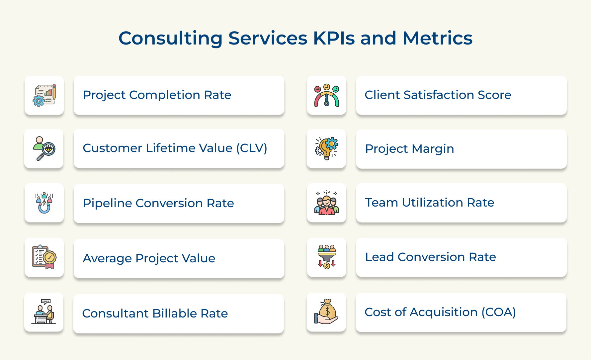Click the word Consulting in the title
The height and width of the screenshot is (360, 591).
click(x=171, y=39)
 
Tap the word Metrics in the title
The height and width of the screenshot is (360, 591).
click(x=437, y=38)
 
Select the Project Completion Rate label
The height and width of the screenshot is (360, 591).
click(x=157, y=95)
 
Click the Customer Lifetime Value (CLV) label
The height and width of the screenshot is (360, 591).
click(x=175, y=148)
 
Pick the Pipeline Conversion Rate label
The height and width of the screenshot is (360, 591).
click(x=158, y=203)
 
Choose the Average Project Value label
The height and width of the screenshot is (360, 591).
click(x=149, y=258)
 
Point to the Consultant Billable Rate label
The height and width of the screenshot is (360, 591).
click(x=155, y=314)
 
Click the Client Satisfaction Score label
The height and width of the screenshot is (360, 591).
click(x=438, y=95)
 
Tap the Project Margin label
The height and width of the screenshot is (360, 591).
click(x=409, y=149)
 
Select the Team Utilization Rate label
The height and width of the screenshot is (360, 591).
click(x=430, y=203)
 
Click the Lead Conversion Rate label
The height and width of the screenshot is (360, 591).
click(x=431, y=257)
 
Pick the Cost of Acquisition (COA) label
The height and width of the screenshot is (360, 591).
click(x=440, y=313)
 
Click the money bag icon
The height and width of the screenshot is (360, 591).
click(x=326, y=312)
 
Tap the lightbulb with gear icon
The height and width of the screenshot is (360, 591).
click(x=326, y=148)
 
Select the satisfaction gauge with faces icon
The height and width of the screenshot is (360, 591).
click(x=327, y=95)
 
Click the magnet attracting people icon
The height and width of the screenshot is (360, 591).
click(x=44, y=203)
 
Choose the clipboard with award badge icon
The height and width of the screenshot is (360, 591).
click(x=44, y=257)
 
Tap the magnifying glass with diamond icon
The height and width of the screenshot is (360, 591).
click(x=44, y=148)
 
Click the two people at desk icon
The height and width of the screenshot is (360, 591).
click(x=44, y=312)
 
